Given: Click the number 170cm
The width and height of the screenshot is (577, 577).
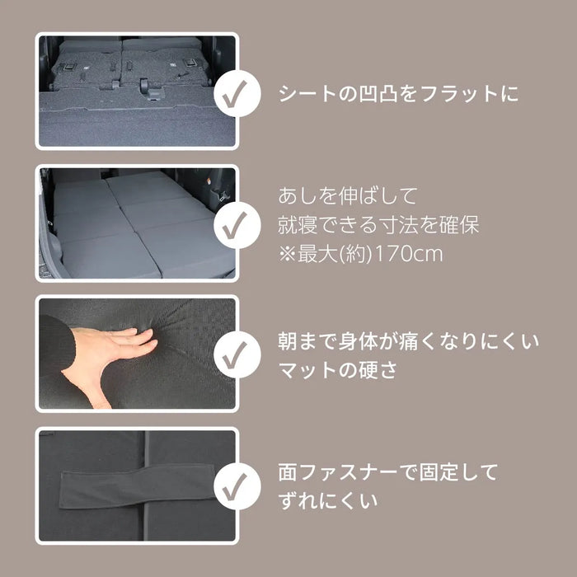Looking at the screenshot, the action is click(x=409, y=254).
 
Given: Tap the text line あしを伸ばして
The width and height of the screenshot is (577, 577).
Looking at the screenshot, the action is click(x=347, y=195).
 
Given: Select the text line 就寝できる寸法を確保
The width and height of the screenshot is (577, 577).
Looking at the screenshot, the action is click(x=378, y=225).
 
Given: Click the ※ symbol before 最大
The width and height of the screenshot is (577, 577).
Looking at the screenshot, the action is click(x=287, y=254).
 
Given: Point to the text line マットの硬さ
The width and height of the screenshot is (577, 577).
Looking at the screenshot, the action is click(x=338, y=370).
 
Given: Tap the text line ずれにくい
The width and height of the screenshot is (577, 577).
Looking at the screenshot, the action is click(x=327, y=501).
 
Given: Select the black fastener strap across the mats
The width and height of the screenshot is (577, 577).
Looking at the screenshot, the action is click(x=137, y=486).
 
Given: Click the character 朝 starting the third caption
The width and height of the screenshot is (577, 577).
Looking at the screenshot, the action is click(x=288, y=341).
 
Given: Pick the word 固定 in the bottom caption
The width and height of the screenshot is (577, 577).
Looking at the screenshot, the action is click(x=438, y=472).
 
